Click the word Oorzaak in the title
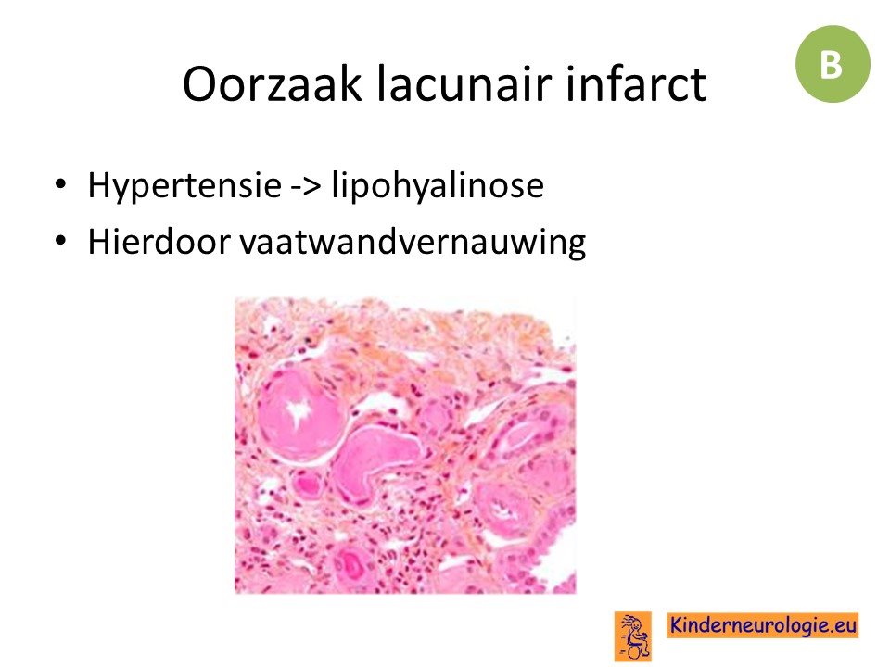[273, 83]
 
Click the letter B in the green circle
[831, 65]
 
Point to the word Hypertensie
[184, 186]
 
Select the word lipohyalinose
[438, 185]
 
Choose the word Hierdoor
[159, 241]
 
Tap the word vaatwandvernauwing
[413, 243]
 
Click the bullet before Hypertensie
[60, 184]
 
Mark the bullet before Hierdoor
[60, 241]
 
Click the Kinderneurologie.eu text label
[763, 625]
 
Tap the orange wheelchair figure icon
[633, 636]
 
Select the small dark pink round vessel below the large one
[307, 484]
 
